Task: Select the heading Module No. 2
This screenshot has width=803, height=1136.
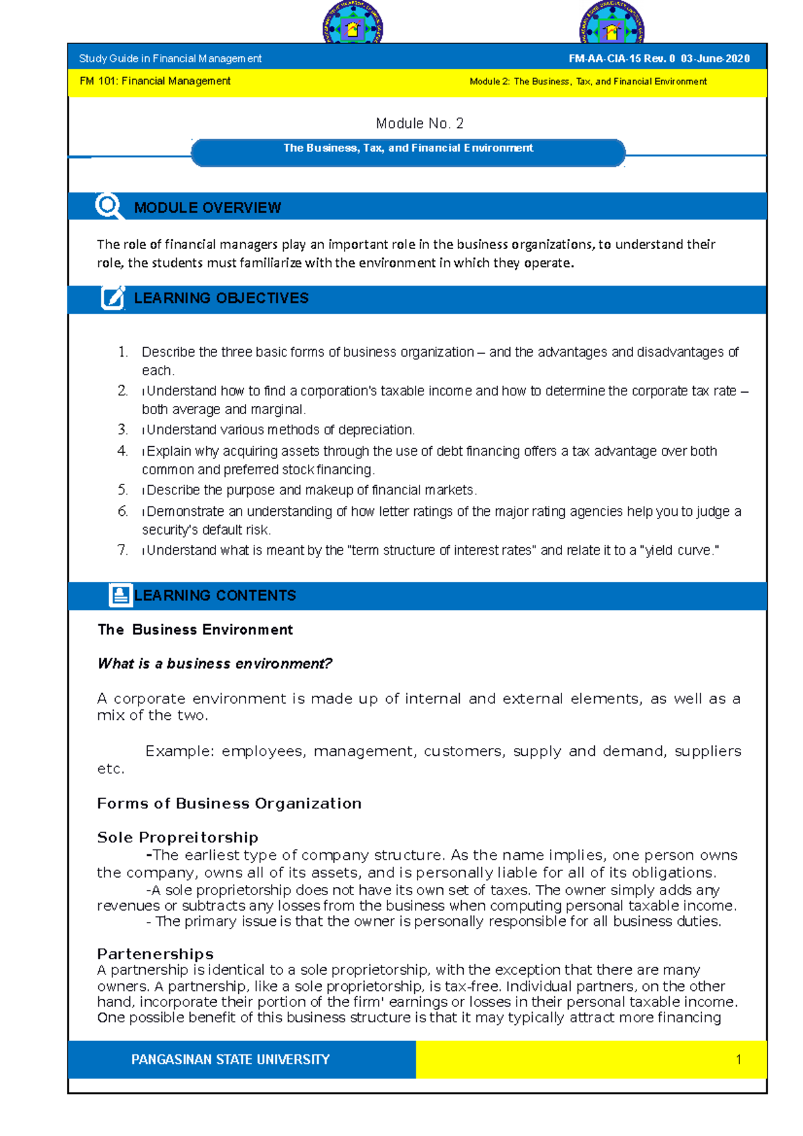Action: (x=420, y=123)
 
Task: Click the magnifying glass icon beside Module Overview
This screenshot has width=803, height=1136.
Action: (x=108, y=206)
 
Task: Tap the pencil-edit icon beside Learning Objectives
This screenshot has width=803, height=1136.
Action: (x=113, y=298)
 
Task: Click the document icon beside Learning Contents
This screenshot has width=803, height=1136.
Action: (x=120, y=595)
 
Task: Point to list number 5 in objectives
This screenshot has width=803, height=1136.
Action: (x=122, y=490)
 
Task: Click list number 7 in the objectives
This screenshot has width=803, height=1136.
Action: (x=122, y=550)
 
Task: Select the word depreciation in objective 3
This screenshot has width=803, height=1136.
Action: (x=375, y=430)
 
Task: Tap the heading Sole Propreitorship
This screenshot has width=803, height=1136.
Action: (x=177, y=838)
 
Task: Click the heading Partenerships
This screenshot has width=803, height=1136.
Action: (x=155, y=954)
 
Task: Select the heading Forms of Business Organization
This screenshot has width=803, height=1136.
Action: (x=229, y=803)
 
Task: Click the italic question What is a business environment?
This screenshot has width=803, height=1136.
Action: (x=215, y=664)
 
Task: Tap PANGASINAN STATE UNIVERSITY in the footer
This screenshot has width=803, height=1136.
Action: (x=230, y=1060)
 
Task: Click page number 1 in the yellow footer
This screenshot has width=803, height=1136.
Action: (x=738, y=1060)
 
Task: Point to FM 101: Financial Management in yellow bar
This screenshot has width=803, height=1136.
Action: (x=155, y=81)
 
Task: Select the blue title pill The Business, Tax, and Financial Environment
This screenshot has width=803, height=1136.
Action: (x=408, y=153)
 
